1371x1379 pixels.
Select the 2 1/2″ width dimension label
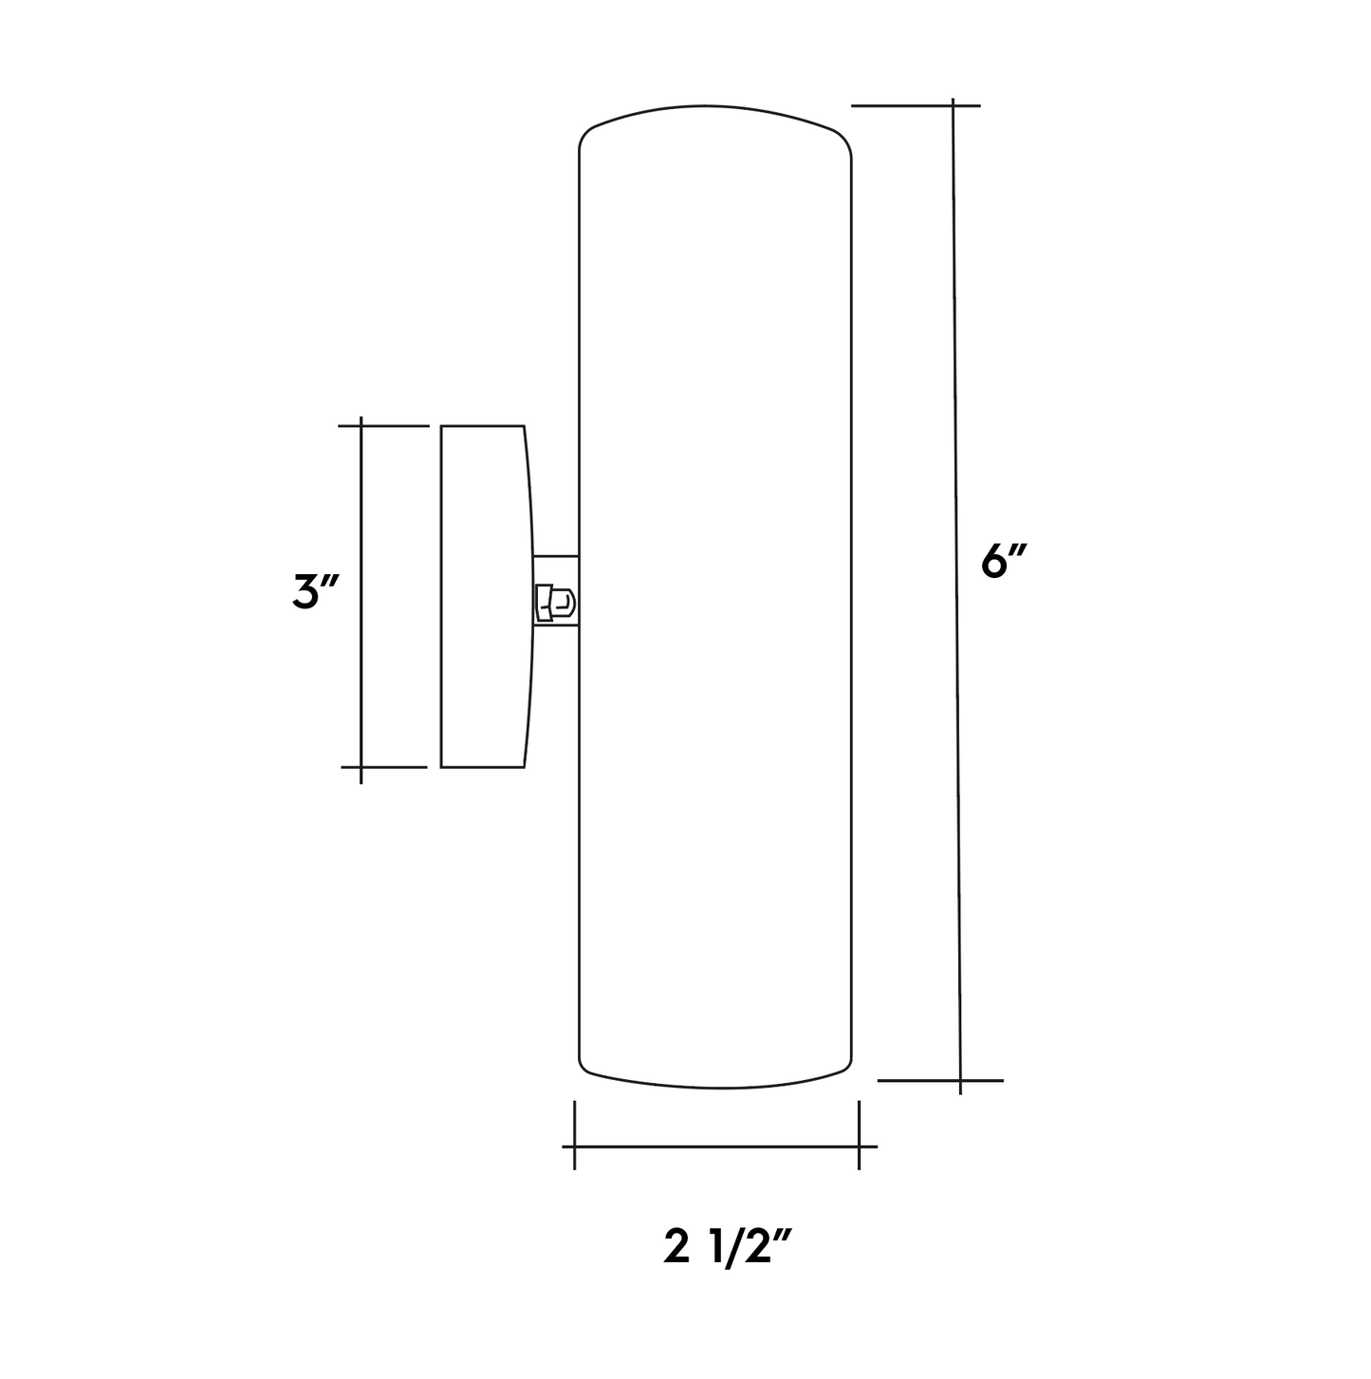728,1248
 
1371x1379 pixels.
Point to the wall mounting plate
483,596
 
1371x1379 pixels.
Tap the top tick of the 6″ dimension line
953,104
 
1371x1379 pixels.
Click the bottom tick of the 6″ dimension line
960,1080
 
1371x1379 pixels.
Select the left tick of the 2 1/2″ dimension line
574,1146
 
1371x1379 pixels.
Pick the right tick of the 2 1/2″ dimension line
859,1146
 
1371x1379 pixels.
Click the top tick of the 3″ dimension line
361,426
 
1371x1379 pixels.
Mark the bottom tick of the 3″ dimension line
361,766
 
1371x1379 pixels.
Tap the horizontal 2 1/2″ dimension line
716,1146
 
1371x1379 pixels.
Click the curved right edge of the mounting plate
530,596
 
